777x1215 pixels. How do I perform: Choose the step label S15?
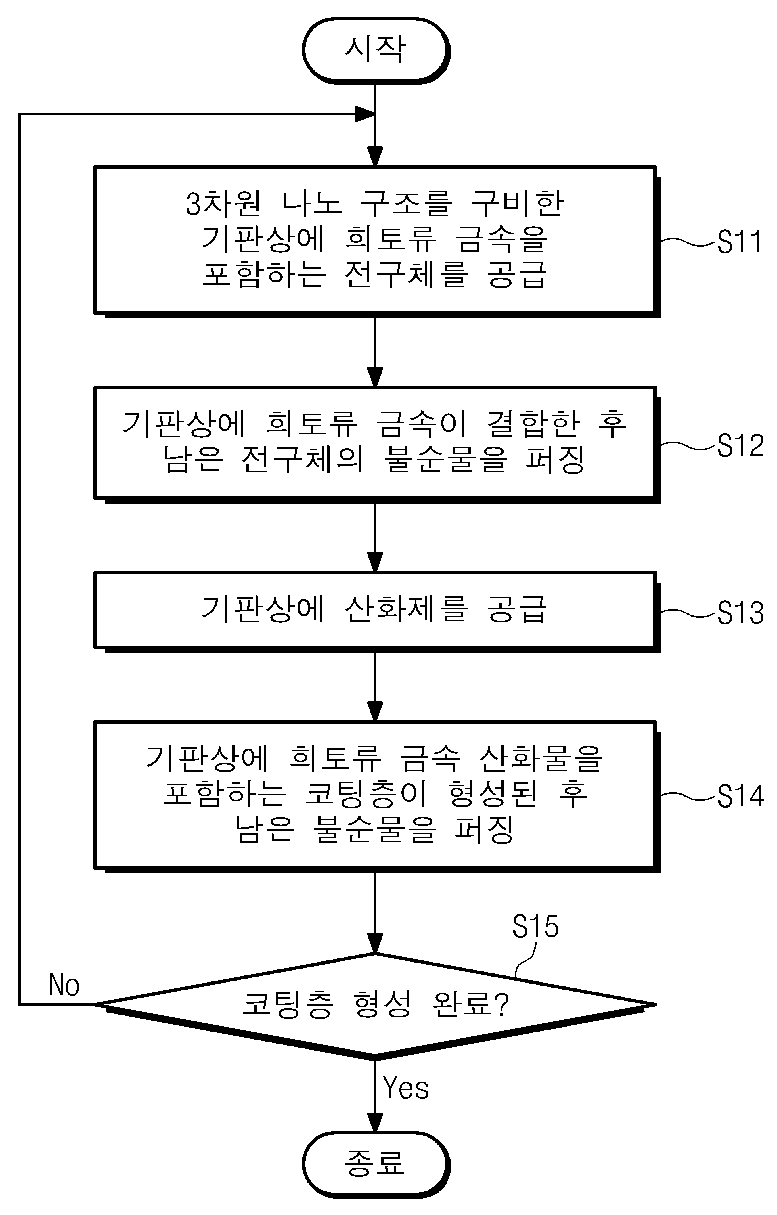(535, 926)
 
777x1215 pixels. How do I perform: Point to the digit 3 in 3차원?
(194, 204)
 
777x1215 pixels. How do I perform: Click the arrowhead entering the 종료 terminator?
(375, 1121)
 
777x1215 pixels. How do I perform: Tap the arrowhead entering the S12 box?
(375, 377)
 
